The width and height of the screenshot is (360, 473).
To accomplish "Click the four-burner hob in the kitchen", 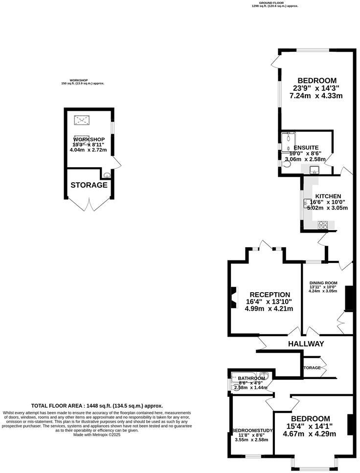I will click(323, 225).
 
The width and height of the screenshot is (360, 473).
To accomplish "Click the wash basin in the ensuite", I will click(314, 170).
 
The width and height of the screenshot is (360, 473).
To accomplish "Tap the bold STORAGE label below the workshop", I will click(89, 185).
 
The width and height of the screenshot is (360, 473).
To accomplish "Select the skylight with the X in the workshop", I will click(81, 120).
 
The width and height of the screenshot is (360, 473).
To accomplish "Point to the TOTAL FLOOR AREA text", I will click(97, 406).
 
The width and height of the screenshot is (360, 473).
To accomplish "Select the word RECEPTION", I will click(270, 295).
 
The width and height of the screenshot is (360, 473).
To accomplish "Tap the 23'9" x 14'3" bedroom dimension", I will click(315, 88).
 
